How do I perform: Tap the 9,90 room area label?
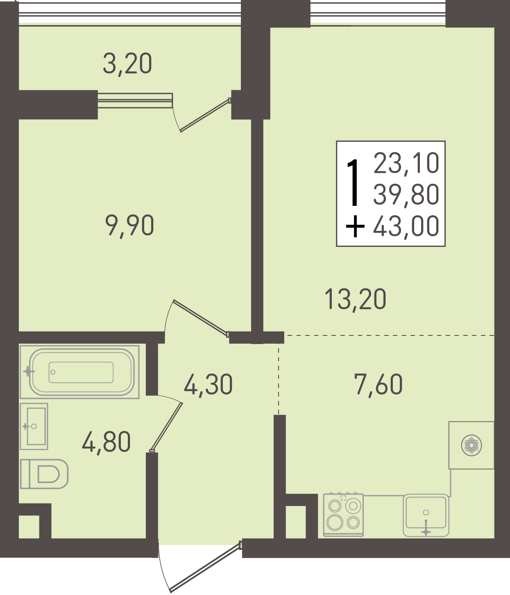130,226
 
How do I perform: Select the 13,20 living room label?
355,299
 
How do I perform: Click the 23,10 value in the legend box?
406,164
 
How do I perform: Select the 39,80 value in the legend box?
406,195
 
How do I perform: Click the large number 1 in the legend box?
354,183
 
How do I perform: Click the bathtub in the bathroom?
79,372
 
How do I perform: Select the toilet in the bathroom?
44,474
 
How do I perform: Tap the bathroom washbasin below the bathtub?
34,426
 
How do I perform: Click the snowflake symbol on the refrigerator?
471,446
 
